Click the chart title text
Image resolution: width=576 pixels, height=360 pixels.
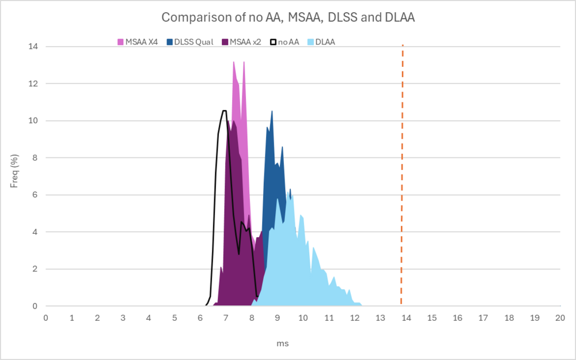(x=288, y=17)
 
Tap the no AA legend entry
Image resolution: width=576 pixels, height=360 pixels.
(x=289, y=41)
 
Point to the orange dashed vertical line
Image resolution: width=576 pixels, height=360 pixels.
(x=402, y=173)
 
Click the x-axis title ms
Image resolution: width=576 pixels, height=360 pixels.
(x=282, y=343)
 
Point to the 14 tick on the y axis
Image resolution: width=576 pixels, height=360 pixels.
(x=33, y=47)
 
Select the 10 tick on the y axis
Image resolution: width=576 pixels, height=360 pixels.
(x=33, y=121)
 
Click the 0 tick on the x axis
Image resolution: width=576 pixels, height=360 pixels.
(x=46, y=317)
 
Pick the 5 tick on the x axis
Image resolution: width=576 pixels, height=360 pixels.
(x=175, y=317)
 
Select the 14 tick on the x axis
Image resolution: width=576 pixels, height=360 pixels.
(x=406, y=317)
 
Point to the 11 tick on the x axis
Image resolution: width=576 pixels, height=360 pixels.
(x=329, y=317)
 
